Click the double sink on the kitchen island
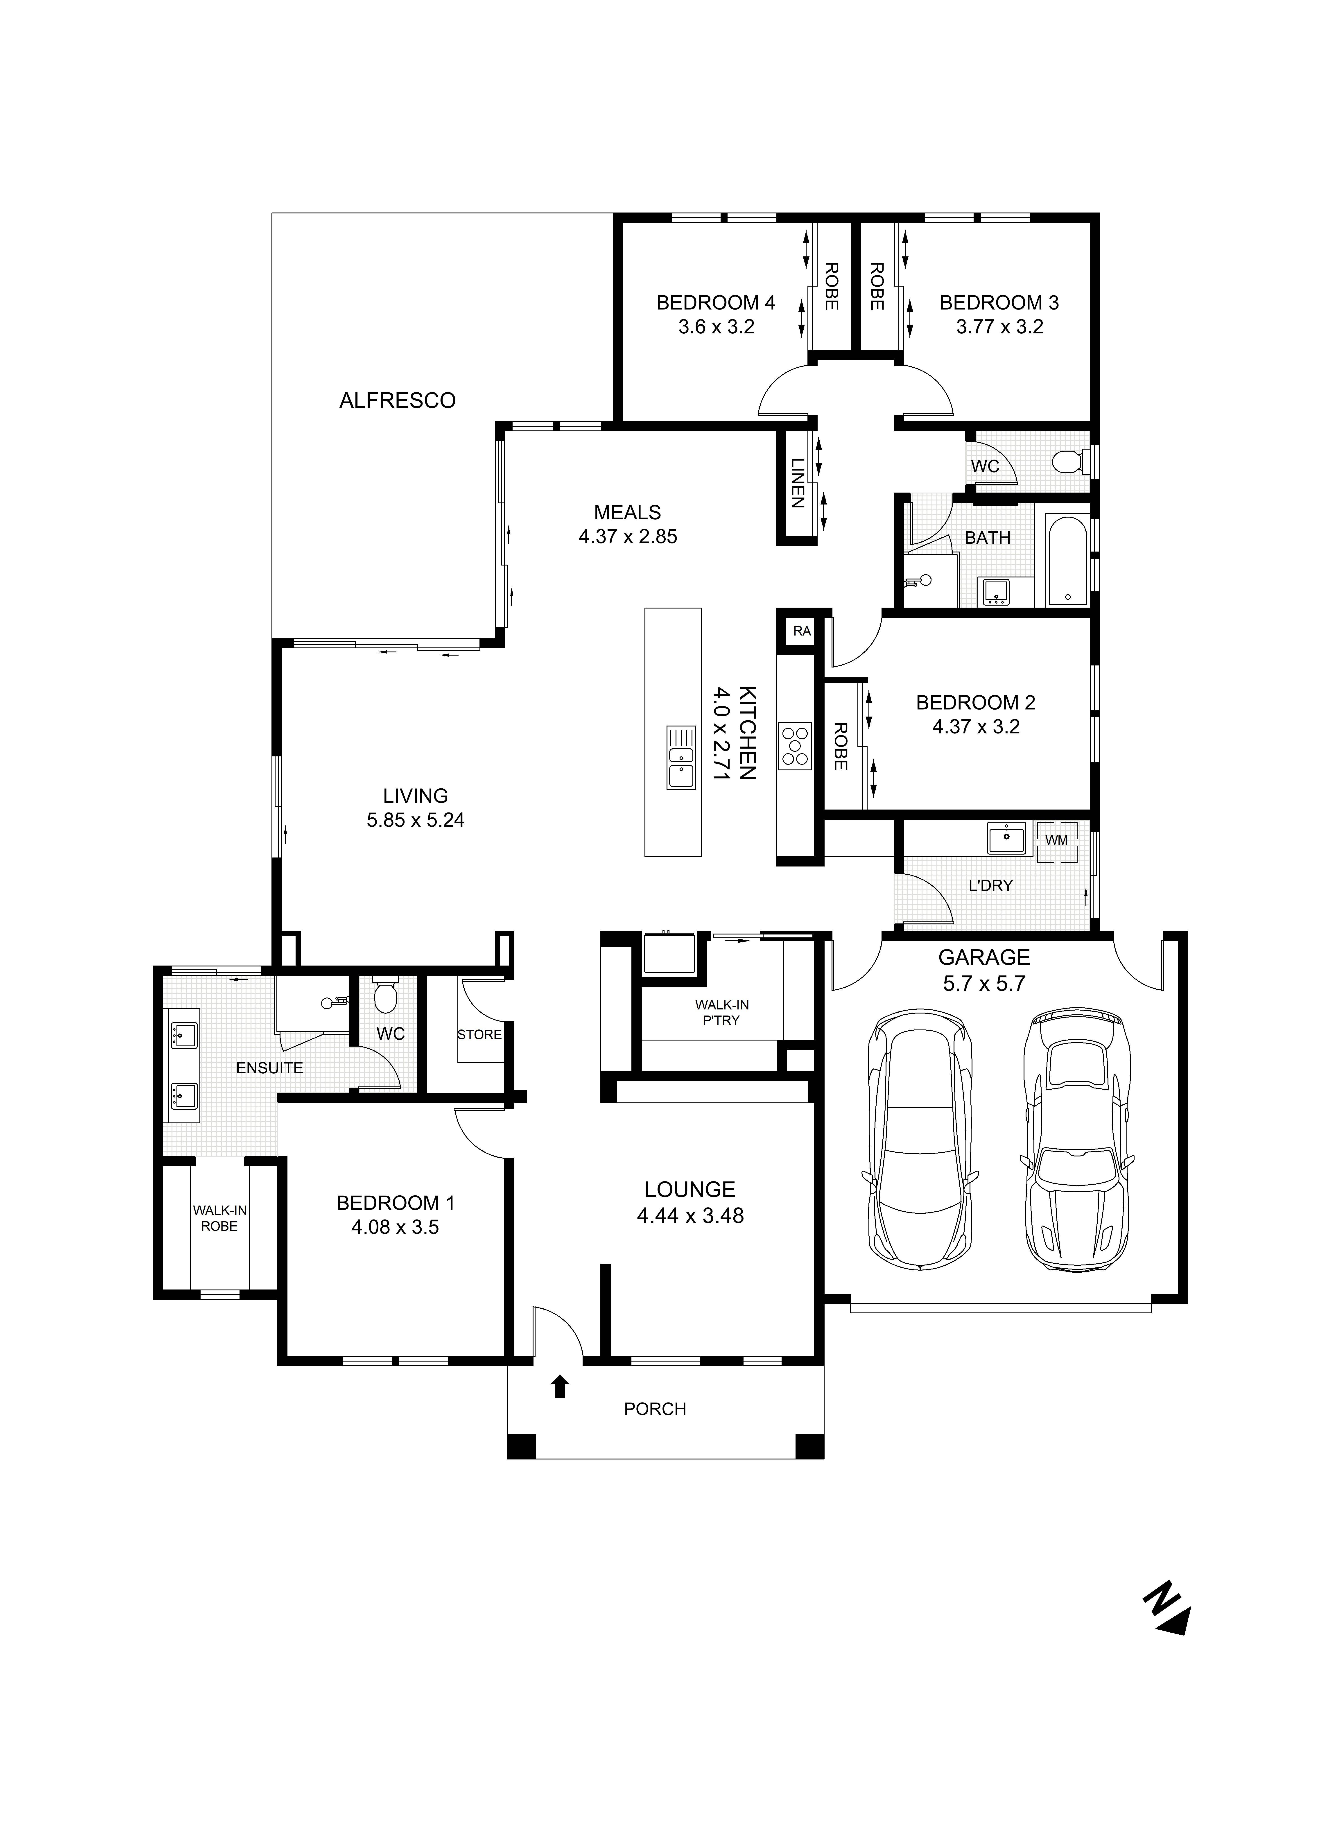pyautogui.click(x=681, y=757)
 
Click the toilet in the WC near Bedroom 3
pyautogui.click(x=1070, y=463)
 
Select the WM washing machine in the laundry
pyautogui.click(x=1056, y=840)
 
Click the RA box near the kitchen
pyautogui.click(x=802, y=631)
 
